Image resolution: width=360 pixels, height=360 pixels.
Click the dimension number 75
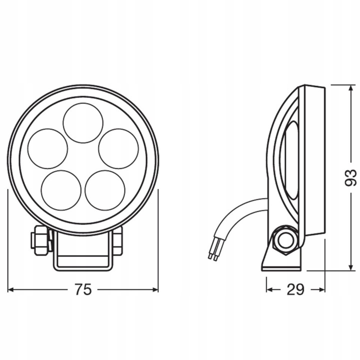pos(83,289)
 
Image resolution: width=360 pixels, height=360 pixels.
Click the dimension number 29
pos(295,289)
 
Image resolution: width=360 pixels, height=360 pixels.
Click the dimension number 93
pos(350,177)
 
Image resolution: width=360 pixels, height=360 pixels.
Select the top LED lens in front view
pos(83,123)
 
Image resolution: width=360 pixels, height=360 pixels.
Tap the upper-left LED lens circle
pos(48,148)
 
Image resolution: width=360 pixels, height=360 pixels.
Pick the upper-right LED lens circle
pos(118,148)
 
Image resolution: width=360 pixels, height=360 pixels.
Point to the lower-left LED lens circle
pos(61,190)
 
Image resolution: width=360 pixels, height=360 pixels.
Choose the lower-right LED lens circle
pos(105,190)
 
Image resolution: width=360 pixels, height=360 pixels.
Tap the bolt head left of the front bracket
pos(41,240)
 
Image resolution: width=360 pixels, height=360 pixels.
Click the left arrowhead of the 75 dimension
pos(11,289)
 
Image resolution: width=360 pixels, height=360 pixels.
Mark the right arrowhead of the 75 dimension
pos(155,289)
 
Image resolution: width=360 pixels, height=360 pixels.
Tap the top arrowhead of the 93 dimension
pos(350,88)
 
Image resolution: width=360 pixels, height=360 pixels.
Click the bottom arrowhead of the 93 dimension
pos(350,267)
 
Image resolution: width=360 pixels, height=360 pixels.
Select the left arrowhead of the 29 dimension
pos(270,289)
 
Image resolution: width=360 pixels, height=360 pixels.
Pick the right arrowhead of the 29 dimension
pos(321,289)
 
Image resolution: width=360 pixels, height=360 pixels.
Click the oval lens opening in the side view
pos(291,160)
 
